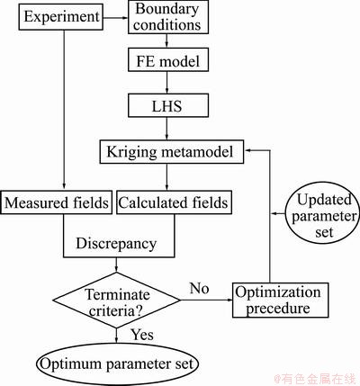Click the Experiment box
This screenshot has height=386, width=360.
(x=61, y=17)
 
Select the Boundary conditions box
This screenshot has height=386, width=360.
(x=168, y=17)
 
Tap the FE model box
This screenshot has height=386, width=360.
(x=168, y=60)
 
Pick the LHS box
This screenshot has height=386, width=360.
(x=168, y=105)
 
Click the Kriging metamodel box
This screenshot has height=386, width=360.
(x=172, y=151)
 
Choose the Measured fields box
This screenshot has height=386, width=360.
(x=56, y=202)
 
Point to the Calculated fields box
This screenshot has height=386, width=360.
(x=174, y=202)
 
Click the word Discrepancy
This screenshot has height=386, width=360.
(x=116, y=243)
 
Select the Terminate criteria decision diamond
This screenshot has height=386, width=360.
(x=116, y=300)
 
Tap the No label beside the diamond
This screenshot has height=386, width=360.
(x=199, y=288)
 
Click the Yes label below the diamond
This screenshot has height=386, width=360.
(x=142, y=335)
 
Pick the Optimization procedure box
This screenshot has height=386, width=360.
(x=281, y=300)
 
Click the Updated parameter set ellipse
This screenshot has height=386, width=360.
(x=321, y=216)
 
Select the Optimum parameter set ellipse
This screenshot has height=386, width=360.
(x=117, y=364)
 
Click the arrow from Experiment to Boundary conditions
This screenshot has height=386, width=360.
(x=116, y=17)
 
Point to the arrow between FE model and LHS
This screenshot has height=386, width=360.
(x=167, y=83)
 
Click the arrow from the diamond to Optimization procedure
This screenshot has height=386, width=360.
(x=206, y=300)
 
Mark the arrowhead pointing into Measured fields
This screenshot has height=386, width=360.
(x=64, y=186)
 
